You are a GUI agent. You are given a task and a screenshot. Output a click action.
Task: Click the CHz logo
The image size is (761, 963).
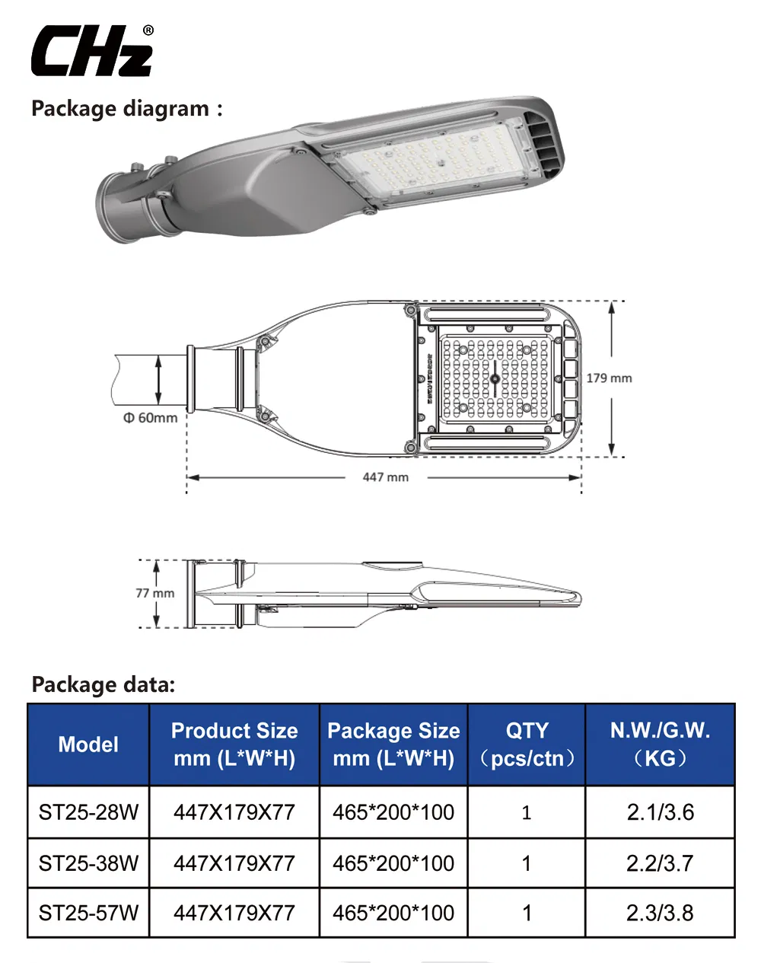coord(91,51)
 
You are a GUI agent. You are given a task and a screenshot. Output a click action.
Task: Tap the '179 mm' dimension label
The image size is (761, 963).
coord(609,378)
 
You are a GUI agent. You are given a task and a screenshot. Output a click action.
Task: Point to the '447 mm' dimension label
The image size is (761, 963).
coord(385,477)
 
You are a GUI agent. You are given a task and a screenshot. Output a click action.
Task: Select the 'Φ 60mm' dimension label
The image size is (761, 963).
coord(151,418)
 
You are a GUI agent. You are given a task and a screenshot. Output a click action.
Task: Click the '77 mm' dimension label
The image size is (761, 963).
coord(154,593)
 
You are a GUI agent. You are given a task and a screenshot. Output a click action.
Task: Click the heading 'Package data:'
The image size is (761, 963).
coord(103,684)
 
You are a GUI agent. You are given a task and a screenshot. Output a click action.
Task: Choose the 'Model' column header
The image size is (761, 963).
coord(88,745)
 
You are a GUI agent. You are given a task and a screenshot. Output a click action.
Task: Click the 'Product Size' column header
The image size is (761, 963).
coord(234,745)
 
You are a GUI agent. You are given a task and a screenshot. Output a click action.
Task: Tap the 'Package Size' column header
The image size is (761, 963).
coord(393,745)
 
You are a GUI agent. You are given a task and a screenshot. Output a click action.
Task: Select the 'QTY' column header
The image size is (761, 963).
coord(527,745)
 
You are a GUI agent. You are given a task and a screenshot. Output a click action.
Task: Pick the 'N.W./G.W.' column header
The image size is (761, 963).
coord(660,745)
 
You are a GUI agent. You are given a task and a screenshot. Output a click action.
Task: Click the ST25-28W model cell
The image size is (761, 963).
coord(88,812)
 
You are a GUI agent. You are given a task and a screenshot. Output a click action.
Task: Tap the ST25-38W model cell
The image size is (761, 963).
coord(88,863)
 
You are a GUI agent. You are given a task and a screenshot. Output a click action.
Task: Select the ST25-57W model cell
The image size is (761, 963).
coord(88,913)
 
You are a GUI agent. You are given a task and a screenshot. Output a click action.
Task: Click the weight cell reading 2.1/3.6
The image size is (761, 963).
coord(660,812)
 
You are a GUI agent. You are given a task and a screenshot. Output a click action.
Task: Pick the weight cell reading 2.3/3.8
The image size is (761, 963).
coord(660,913)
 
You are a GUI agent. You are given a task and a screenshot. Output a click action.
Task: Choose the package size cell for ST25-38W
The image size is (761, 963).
coord(393,863)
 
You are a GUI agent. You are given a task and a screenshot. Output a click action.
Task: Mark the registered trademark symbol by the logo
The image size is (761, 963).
coord(148,30)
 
